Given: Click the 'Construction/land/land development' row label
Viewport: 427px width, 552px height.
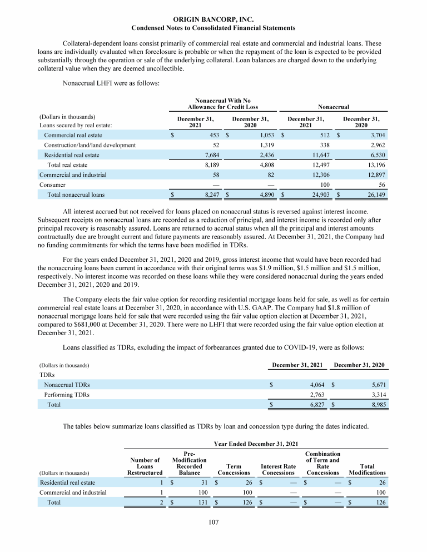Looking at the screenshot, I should [90, 145].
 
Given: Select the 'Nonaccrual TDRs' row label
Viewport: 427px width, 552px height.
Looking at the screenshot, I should [67, 384].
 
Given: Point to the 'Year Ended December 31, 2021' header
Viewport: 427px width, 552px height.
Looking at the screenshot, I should [255, 444].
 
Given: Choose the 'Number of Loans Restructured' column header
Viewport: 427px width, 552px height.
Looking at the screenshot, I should [145, 466].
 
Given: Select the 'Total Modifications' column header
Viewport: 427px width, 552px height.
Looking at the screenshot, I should [367, 470].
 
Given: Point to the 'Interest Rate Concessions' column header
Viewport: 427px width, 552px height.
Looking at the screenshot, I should [277, 470].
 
